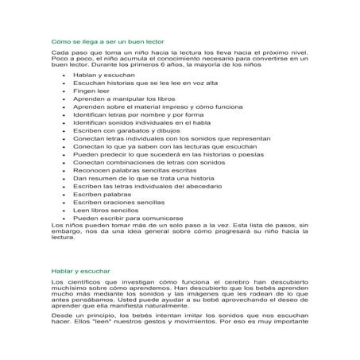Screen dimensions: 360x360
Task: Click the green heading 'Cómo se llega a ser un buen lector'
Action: click(96, 38)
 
